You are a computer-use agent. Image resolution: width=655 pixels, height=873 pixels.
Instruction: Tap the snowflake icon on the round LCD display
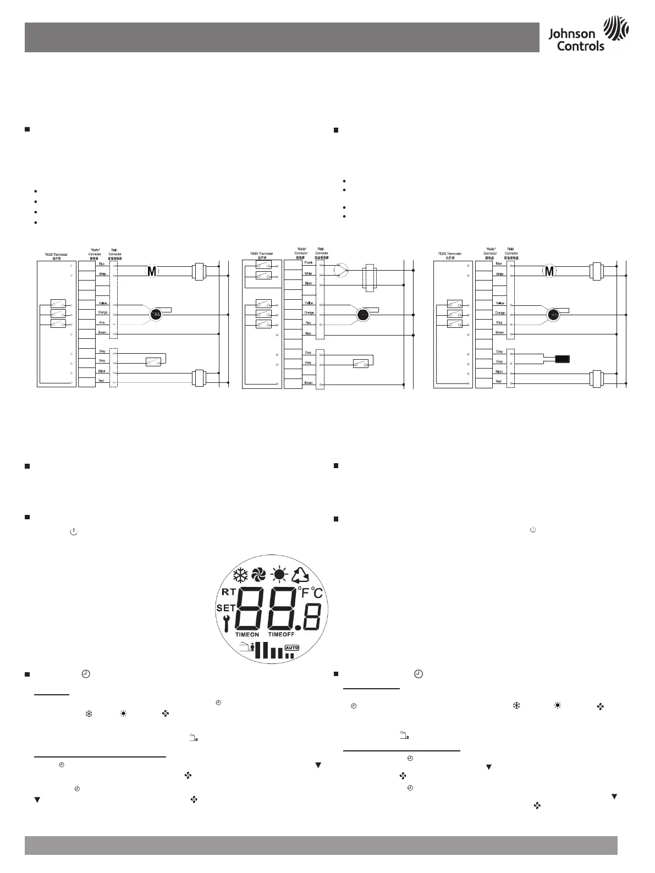240,575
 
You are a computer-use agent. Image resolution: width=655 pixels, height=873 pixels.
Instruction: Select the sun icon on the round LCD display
279,575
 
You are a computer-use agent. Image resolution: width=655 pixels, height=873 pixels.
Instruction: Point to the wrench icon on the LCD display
227,623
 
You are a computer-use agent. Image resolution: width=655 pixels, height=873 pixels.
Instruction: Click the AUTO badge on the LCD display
291,647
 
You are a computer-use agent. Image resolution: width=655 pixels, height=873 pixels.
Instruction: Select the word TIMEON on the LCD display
247,635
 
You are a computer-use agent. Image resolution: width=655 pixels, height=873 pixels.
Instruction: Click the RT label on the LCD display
229,592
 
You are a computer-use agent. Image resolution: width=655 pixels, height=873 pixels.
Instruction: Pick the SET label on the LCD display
225,608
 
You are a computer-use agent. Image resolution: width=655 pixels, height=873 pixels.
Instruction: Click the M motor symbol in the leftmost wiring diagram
152,271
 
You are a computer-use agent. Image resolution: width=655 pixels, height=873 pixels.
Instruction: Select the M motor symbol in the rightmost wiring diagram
548,271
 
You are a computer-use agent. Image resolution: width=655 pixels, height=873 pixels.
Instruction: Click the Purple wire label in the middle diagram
308,262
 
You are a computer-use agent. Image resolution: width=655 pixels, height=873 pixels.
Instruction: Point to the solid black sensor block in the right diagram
563,359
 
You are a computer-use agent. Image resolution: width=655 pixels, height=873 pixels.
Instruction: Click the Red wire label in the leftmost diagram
102,381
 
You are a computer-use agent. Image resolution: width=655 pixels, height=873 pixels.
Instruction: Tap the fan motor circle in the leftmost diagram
156,314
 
